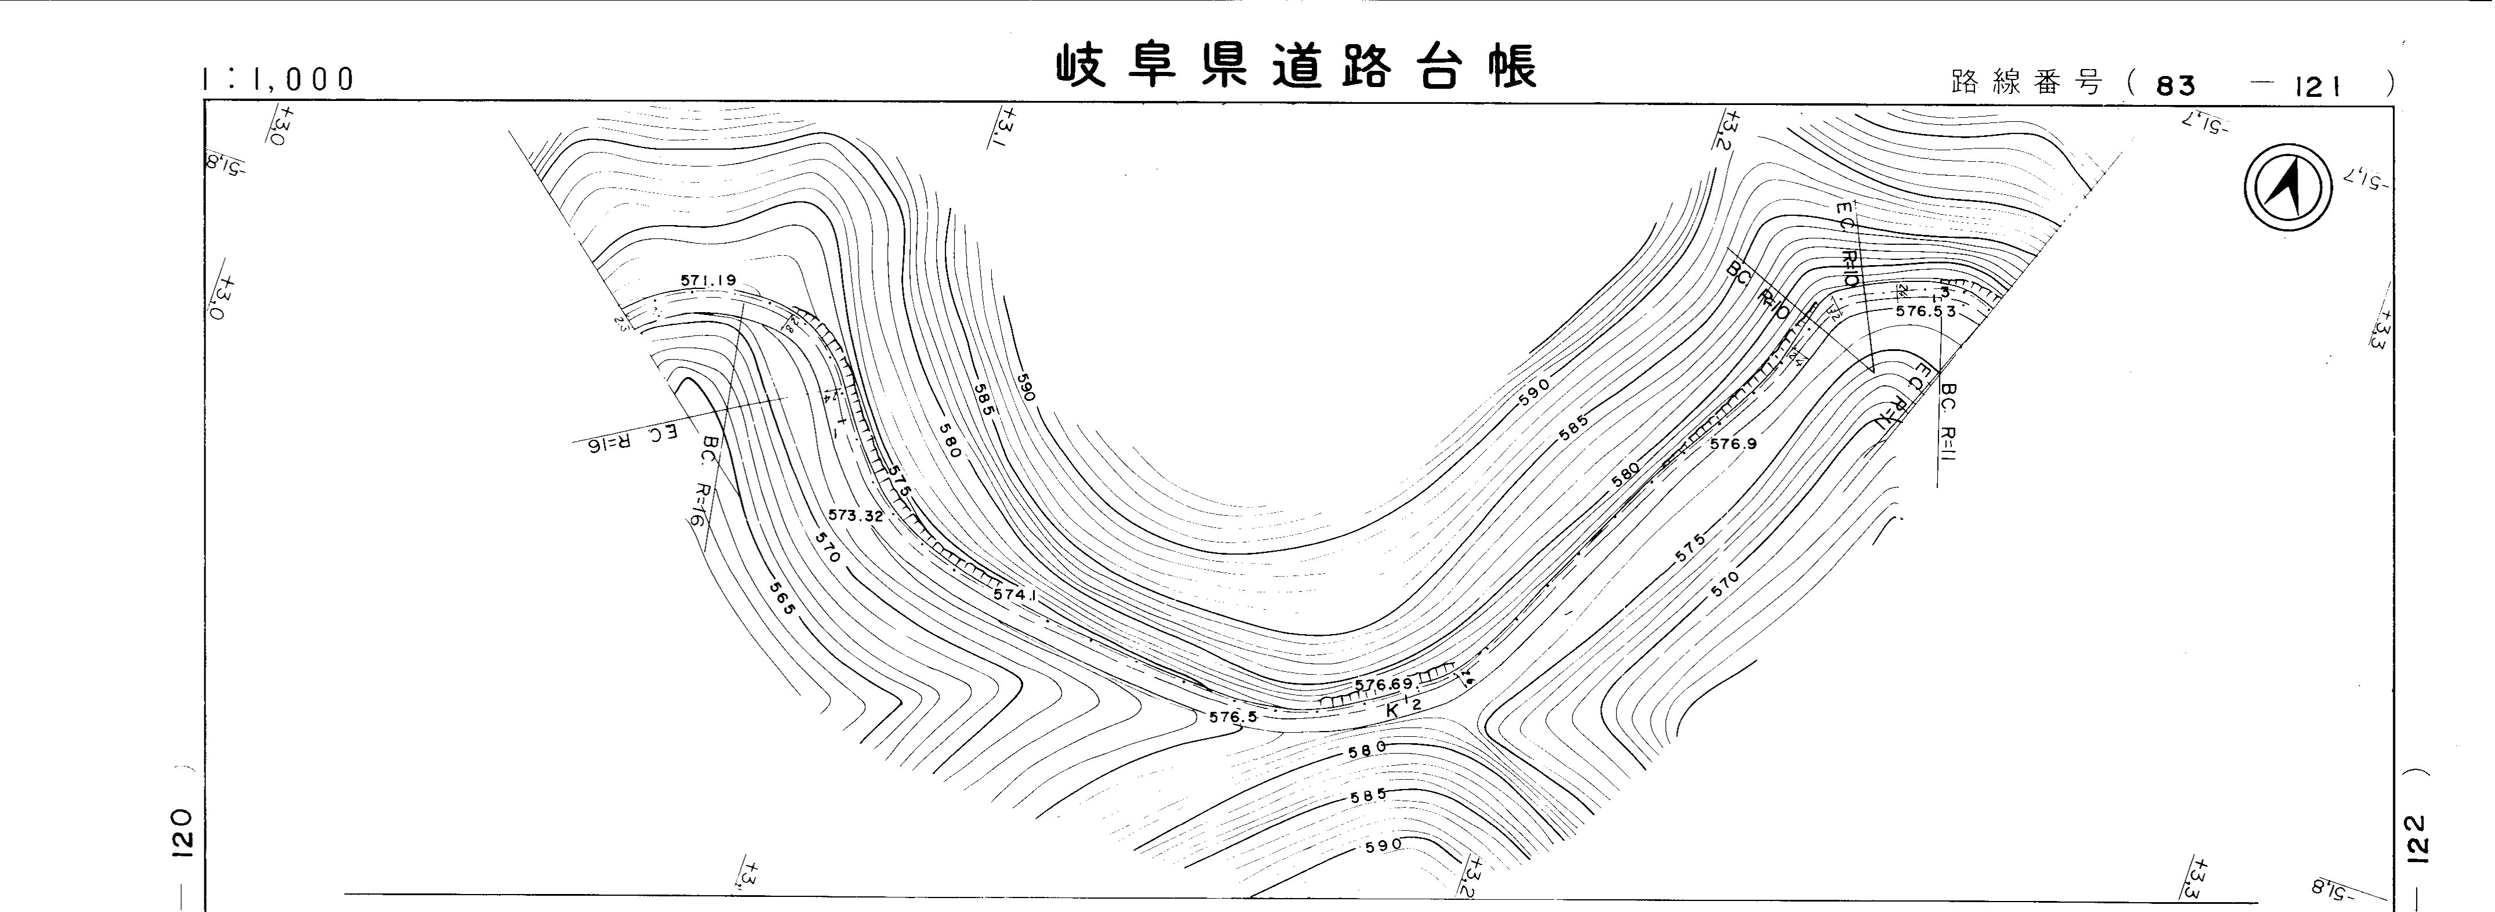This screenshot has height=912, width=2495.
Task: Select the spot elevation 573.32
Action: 855,516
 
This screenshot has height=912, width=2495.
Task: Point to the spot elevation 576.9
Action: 1733,444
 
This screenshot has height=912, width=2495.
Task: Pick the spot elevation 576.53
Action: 1926,312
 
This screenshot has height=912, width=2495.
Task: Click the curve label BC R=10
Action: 1757,291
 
